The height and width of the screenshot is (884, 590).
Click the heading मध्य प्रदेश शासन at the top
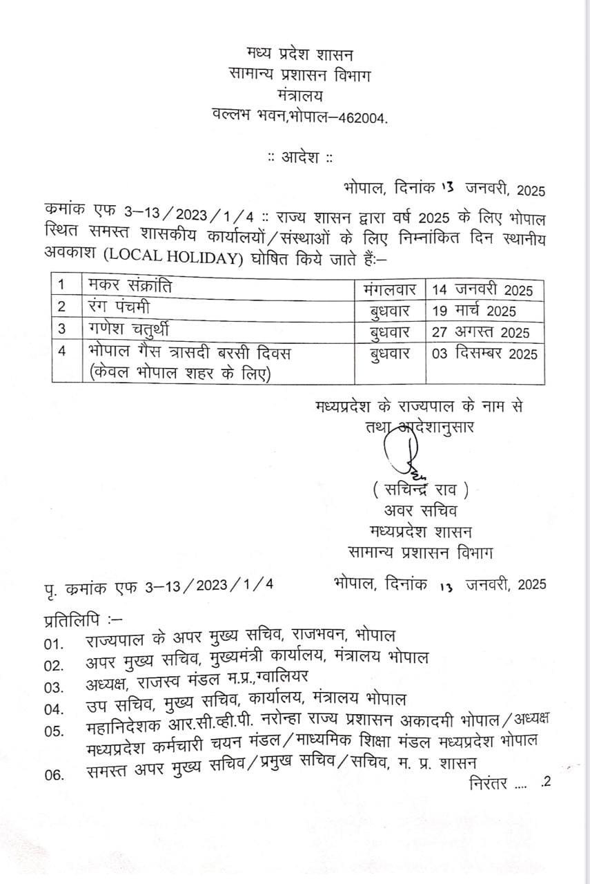click(x=299, y=53)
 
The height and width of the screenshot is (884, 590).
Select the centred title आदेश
click(x=300, y=157)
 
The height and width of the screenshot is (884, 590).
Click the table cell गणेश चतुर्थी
click(x=126, y=330)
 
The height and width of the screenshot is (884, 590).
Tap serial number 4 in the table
click(x=61, y=352)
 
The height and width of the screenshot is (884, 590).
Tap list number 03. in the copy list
click(x=54, y=688)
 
